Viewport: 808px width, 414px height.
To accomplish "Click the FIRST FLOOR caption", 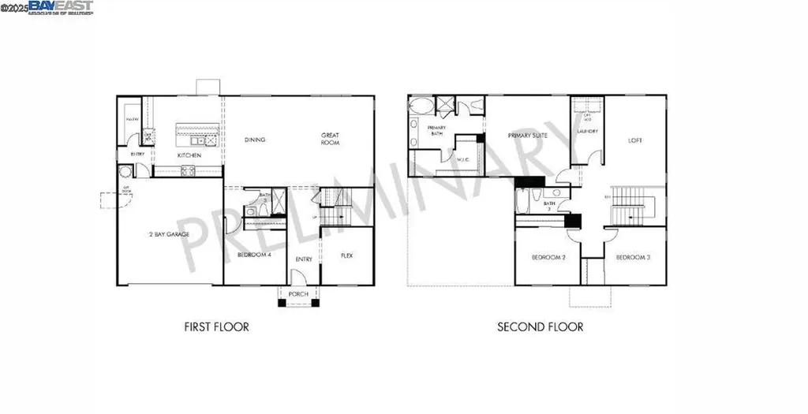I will tap(216, 326).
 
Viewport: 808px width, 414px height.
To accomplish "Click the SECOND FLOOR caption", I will tap(540, 326).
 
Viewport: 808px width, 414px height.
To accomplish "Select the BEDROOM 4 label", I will tap(254, 255).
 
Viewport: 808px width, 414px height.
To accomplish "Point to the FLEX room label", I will tap(346, 255).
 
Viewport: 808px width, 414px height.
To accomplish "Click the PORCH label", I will tap(299, 294).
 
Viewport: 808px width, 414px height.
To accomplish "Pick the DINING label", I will tap(254, 140).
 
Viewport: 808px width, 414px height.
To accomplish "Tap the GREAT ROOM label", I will tap(330, 139).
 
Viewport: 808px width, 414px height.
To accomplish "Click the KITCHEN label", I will tap(189, 155).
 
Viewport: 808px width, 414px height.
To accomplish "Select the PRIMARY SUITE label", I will tap(528, 136).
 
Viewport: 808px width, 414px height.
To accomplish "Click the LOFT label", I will tap(635, 140).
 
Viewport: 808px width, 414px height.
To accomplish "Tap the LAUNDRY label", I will tap(587, 131).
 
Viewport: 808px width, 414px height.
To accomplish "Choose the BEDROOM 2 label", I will tap(548, 258).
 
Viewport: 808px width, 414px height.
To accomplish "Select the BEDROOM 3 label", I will tap(633, 258).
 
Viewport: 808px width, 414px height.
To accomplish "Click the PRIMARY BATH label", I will tap(436, 130).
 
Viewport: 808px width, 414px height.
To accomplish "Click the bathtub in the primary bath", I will tap(421, 105).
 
